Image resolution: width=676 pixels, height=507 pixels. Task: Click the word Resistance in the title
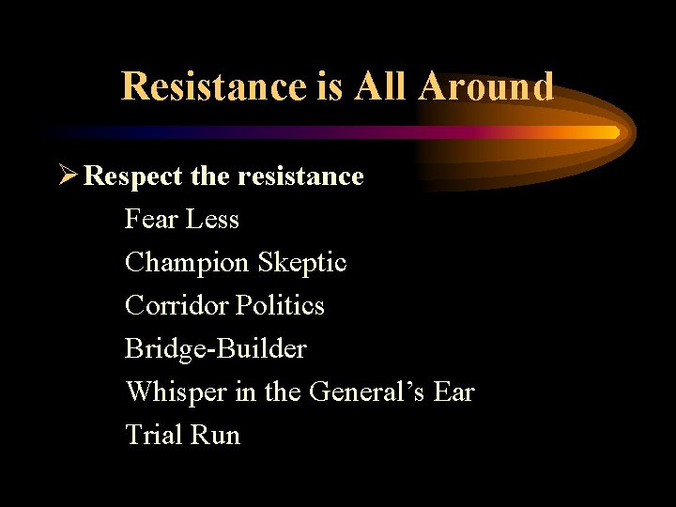point(213,86)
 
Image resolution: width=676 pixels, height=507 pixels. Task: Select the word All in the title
point(382,86)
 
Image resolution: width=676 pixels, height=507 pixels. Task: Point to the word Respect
point(131,176)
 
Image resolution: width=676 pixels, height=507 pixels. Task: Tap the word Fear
point(152,220)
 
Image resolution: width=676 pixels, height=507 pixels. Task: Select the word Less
point(213,220)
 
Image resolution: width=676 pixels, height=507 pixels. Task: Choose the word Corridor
point(177,305)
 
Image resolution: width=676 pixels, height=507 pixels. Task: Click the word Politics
point(281,305)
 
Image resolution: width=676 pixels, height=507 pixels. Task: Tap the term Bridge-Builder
point(216,349)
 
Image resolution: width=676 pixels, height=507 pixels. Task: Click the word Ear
point(454,392)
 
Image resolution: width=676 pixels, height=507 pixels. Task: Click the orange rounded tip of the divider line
point(612,132)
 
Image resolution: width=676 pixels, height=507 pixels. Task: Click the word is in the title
point(330,86)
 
